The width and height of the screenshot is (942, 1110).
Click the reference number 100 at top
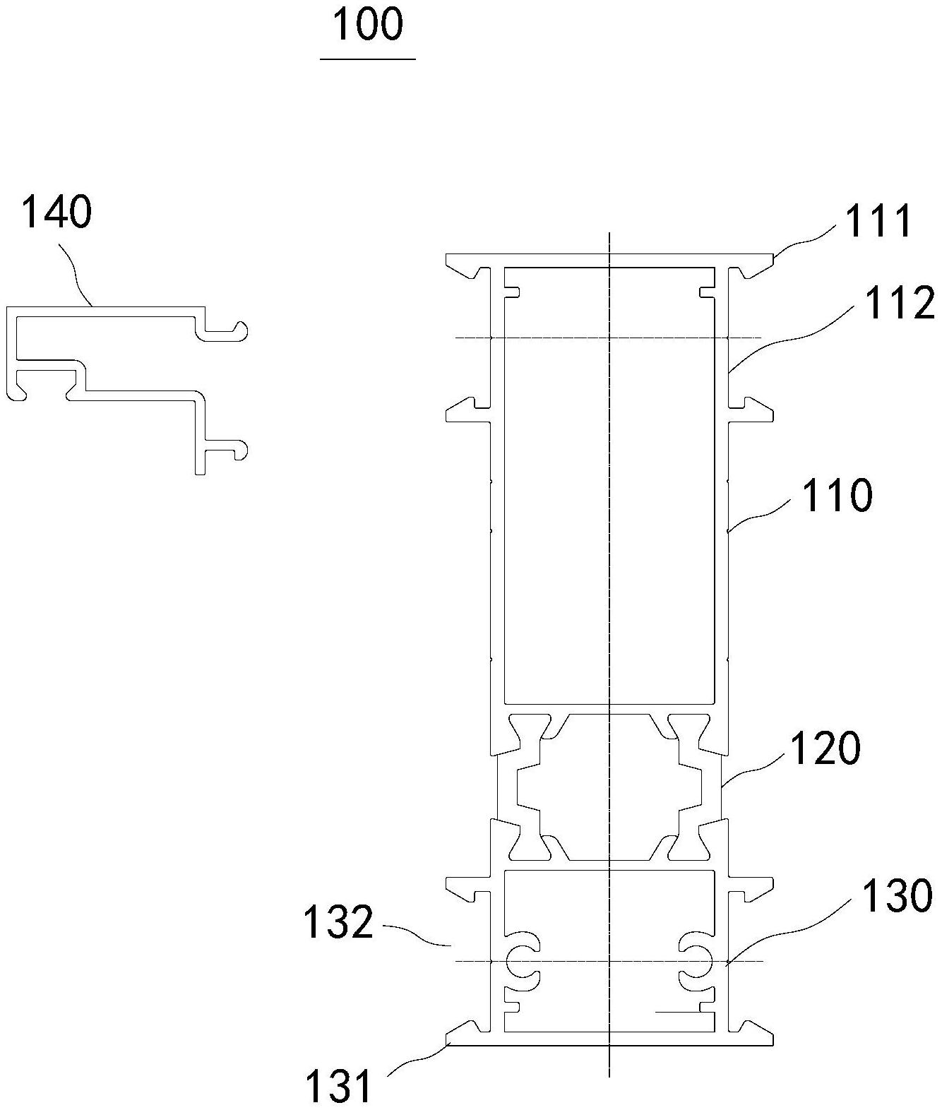[x=368, y=25]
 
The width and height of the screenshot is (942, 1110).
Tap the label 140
[x=56, y=212]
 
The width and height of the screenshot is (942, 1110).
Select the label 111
[x=879, y=221]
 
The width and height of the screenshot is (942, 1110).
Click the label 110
[x=837, y=496]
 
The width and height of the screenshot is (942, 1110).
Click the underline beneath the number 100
[x=368, y=59]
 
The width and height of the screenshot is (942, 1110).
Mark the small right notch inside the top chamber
[x=708, y=292]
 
